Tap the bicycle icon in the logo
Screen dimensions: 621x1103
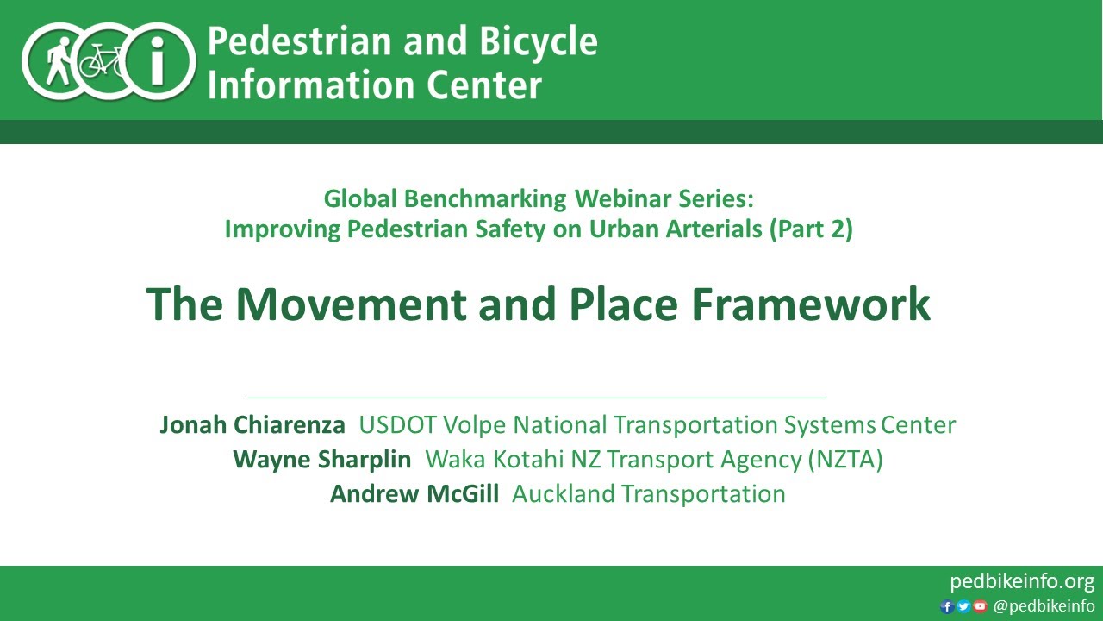pos(103,61)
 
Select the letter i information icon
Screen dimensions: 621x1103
pos(158,61)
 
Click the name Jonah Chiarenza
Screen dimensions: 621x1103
pos(252,424)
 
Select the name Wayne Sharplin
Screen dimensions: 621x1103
pos(321,459)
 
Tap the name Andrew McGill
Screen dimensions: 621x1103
pos(414,493)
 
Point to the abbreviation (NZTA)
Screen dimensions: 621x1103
pos(845,459)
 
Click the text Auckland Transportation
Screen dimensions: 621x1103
pos(648,493)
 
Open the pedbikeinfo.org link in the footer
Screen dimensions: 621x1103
pos(1021,580)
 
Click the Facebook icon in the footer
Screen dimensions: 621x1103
pos(946,606)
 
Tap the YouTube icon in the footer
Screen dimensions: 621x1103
pos(980,606)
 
